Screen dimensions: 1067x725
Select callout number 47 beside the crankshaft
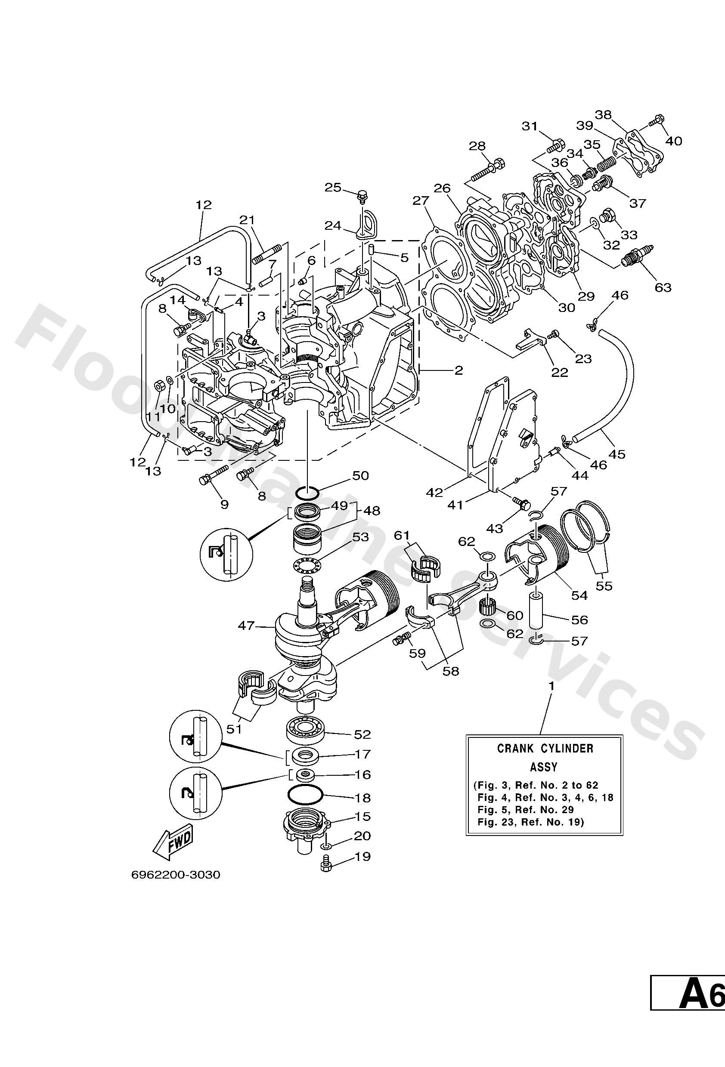pyautogui.click(x=246, y=625)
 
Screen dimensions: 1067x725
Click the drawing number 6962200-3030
pyautogui.click(x=176, y=875)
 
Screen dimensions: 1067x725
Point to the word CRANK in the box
pyautogui.click(x=515, y=749)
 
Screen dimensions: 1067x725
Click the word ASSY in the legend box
pyautogui.click(x=544, y=767)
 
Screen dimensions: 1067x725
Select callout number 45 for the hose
pyautogui.click(x=617, y=454)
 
